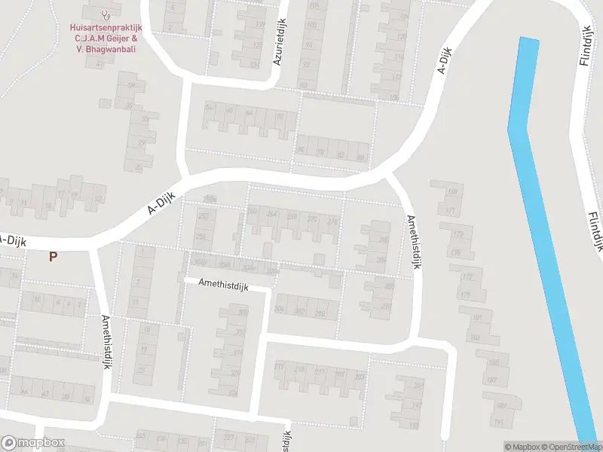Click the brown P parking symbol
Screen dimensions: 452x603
point(53,257)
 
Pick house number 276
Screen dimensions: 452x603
point(332,220)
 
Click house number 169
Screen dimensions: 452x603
point(452,191)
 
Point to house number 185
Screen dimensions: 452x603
point(493,363)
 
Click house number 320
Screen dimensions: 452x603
point(233,393)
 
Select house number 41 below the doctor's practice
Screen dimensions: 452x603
point(99,64)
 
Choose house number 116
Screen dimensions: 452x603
point(398,57)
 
